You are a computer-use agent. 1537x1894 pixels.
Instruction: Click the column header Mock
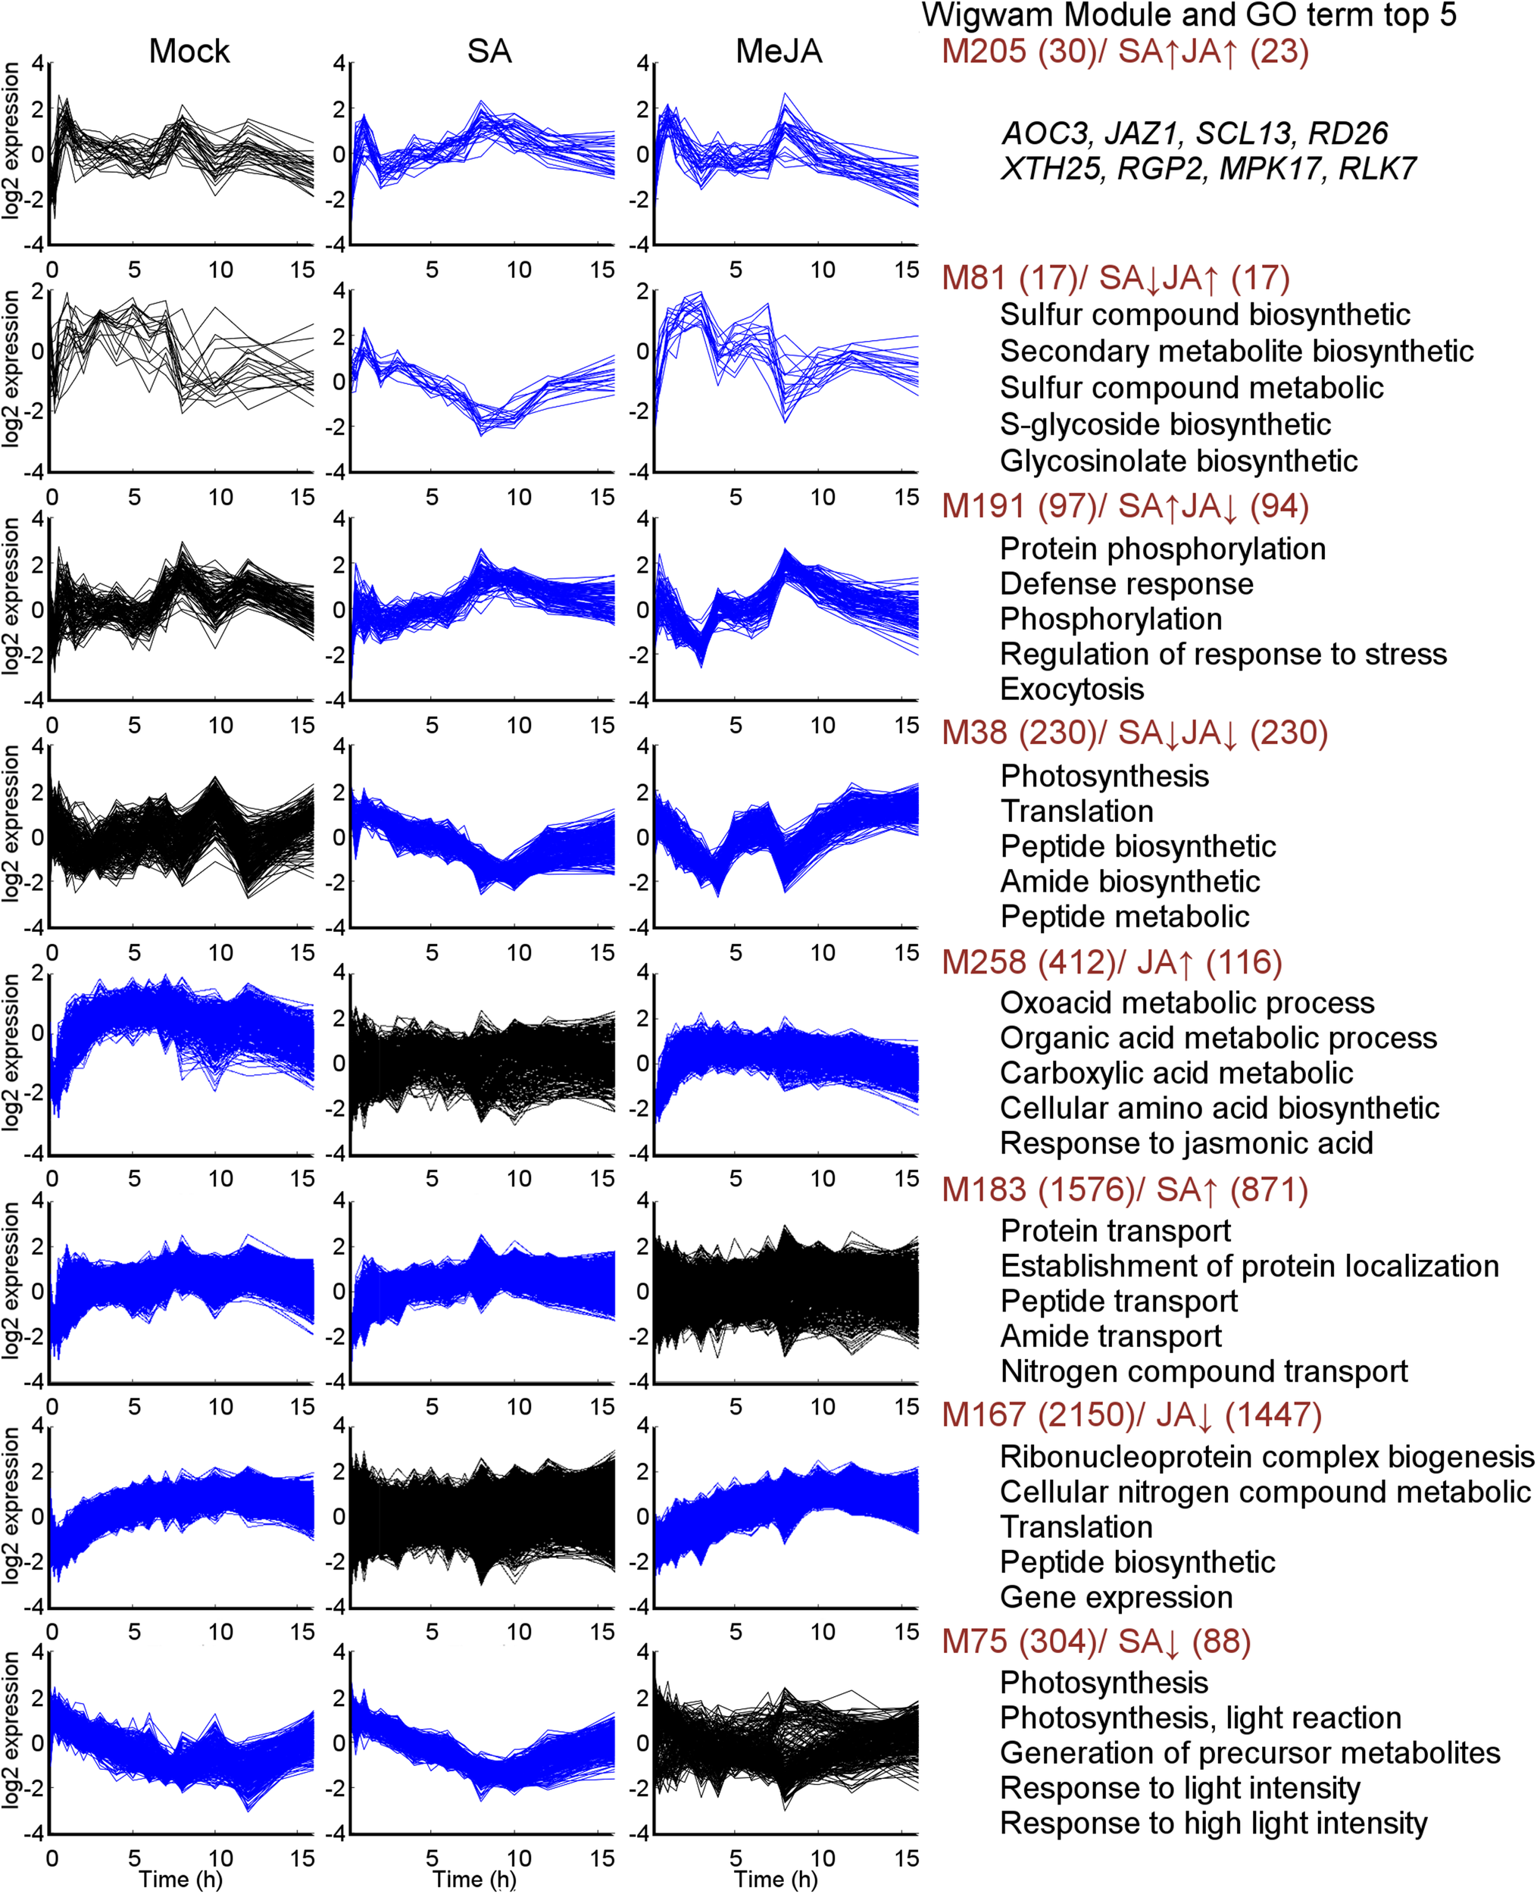pyautogui.click(x=189, y=52)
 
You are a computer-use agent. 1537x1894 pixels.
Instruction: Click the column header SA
pyautogui.click(x=489, y=52)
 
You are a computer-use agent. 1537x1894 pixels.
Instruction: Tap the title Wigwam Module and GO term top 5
pyautogui.click(x=1189, y=15)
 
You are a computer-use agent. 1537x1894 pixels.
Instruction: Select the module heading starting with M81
pyautogui.click(x=1114, y=278)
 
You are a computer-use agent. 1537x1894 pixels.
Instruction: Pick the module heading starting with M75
pyautogui.click(x=1095, y=1642)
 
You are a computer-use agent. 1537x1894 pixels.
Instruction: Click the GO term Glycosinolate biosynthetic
pyautogui.click(x=1179, y=461)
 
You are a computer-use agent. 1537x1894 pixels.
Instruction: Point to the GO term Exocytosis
pyautogui.click(x=1071, y=689)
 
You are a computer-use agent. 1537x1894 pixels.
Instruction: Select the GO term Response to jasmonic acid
pyautogui.click(x=1186, y=1143)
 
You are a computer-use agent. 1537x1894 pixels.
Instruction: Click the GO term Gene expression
pyautogui.click(x=1116, y=1597)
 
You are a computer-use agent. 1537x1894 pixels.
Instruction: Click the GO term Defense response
pyautogui.click(x=1126, y=584)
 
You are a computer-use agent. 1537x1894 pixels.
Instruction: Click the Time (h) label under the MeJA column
pyautogui.click(x=776, y=1879)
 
